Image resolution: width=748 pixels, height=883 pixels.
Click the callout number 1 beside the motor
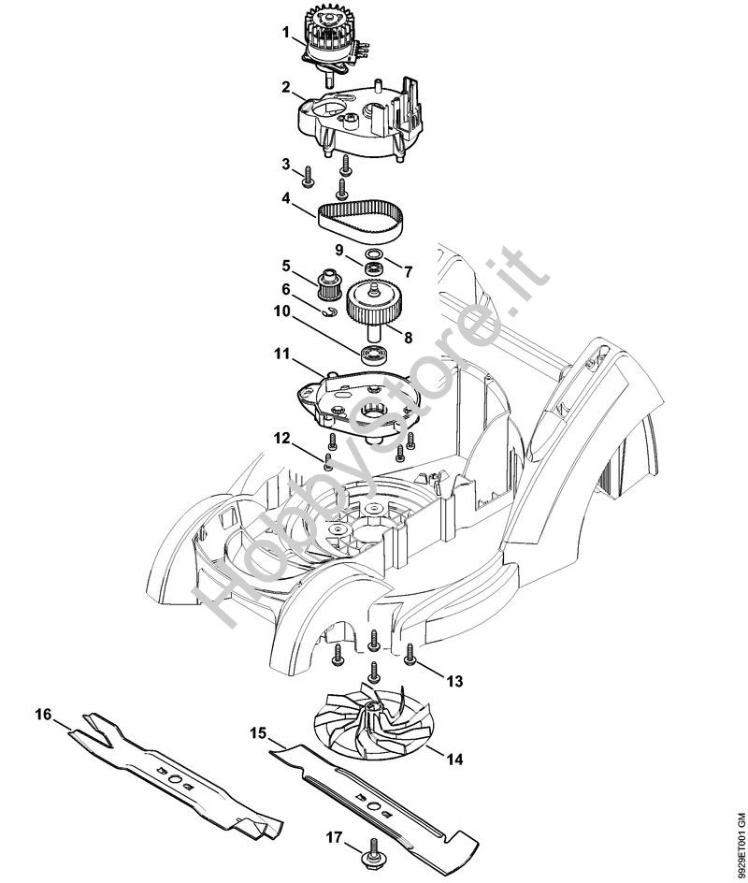pos(286,33)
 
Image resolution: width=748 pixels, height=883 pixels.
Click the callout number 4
pos(286,199)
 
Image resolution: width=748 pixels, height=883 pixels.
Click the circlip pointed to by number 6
pos(330,311)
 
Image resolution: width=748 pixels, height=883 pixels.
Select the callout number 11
pos(282,355)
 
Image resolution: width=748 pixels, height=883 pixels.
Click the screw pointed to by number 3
pos(308,175)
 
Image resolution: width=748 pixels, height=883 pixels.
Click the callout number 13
pos(454,681)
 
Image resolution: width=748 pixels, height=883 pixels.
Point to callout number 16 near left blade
pos(43,715)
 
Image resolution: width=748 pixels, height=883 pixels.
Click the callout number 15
pos(258,733)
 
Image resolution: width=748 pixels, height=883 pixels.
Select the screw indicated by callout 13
pos(410,655)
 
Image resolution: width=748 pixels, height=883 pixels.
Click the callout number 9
pos(338,249)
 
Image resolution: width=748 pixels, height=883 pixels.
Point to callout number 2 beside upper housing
pos(286,87)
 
